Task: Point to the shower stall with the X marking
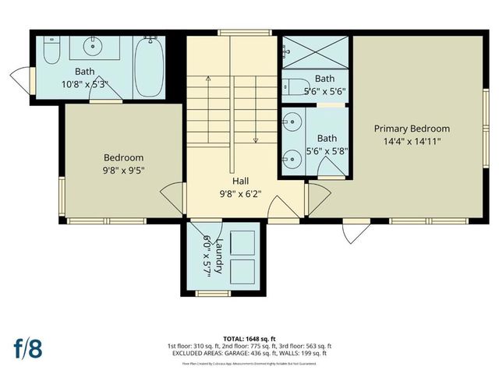(315, 51)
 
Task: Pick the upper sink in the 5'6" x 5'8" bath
(292, 122)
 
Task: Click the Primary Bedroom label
(412, 129)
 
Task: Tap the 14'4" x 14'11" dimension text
(412, 142)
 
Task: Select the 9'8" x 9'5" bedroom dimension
(124, 170)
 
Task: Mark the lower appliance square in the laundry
(242, 270)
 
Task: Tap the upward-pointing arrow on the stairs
(208, 79)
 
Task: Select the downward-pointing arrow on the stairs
(255, 139)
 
